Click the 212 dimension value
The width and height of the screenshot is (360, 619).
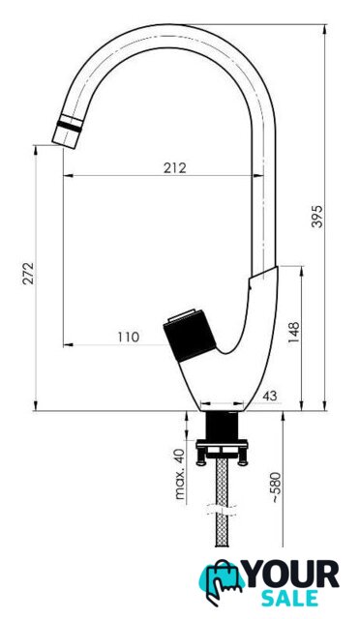click(x=174, y=167)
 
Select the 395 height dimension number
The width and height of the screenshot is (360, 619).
click(x=316, y=217)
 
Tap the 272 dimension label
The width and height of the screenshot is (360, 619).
click(x=28, y=273)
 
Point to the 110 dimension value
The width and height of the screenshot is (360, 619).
click(x=129, y=337)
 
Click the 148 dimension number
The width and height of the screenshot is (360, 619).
click(x=294, y=332)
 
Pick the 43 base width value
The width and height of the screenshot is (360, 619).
click(x=270, y=396)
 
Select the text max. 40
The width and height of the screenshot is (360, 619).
click(x=180, y=474)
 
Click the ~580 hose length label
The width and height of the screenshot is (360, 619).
click(x=276, y=487)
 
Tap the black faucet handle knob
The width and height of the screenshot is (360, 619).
click(x=190, y=336)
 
